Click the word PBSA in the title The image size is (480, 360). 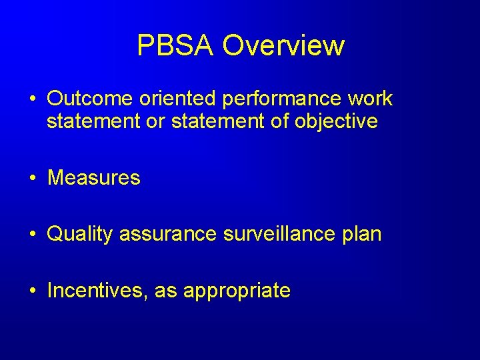(176, 45)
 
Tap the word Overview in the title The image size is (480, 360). (283, 45)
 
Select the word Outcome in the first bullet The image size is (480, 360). (90, 99)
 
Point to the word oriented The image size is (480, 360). (177, 99)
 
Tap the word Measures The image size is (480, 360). (94, 178)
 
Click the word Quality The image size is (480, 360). (80, 235)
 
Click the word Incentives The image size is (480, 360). (98, 291)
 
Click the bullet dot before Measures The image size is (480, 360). (32, 179)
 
